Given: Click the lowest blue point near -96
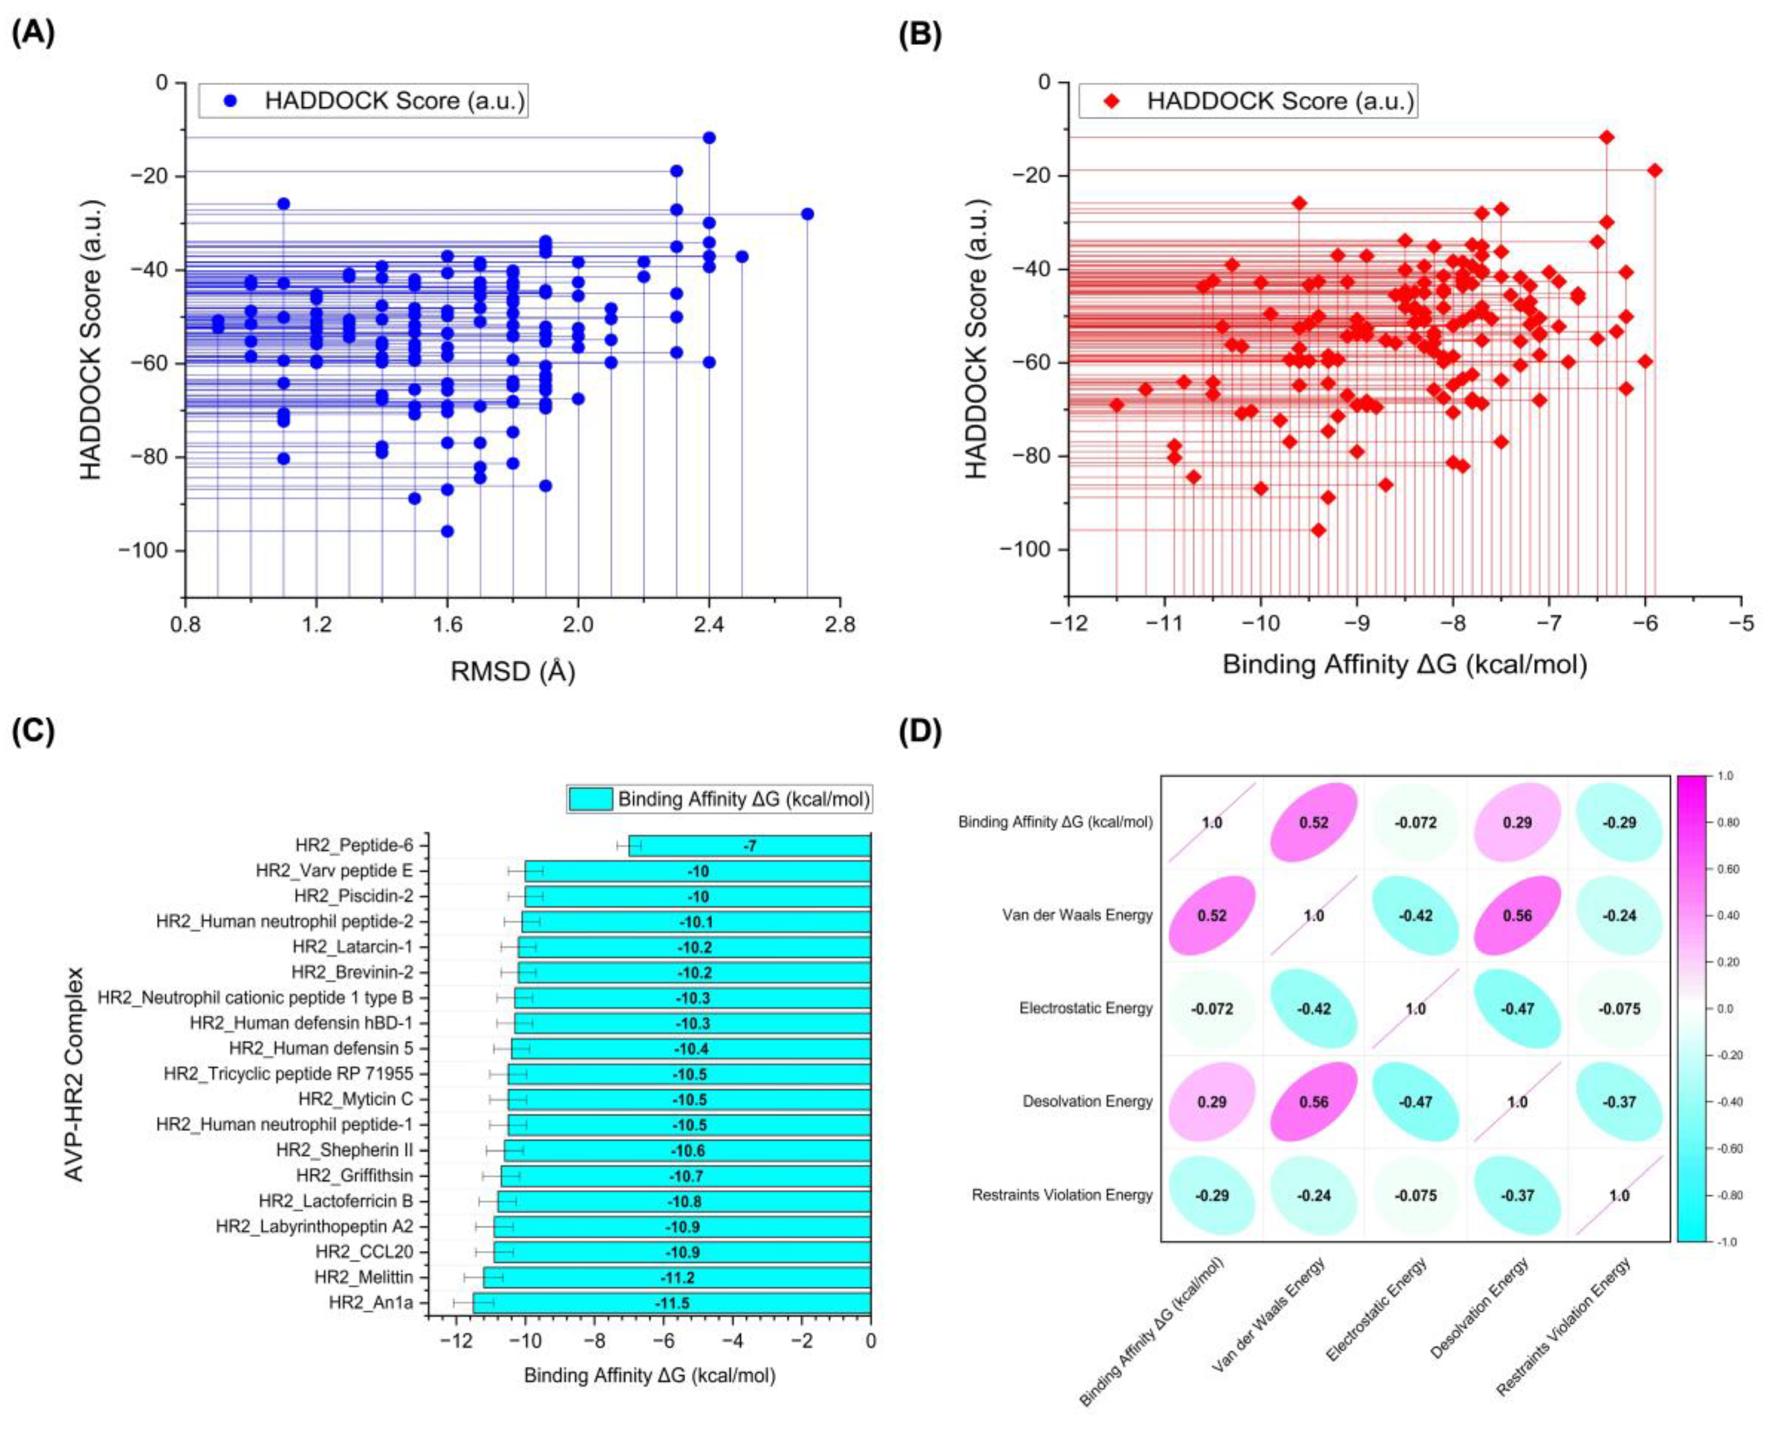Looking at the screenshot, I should (447, 531).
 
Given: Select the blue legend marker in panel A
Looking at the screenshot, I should (230, 101).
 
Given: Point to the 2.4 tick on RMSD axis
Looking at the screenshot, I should (709, 623).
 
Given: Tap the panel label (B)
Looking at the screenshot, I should (920, 35).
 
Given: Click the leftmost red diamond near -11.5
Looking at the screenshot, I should (1116, 405).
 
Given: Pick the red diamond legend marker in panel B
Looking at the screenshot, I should (1111, 101).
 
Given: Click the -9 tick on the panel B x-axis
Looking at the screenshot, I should (1357, 623).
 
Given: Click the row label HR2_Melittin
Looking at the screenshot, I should (363, 1277).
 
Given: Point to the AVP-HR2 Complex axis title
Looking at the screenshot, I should (75, 1073).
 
